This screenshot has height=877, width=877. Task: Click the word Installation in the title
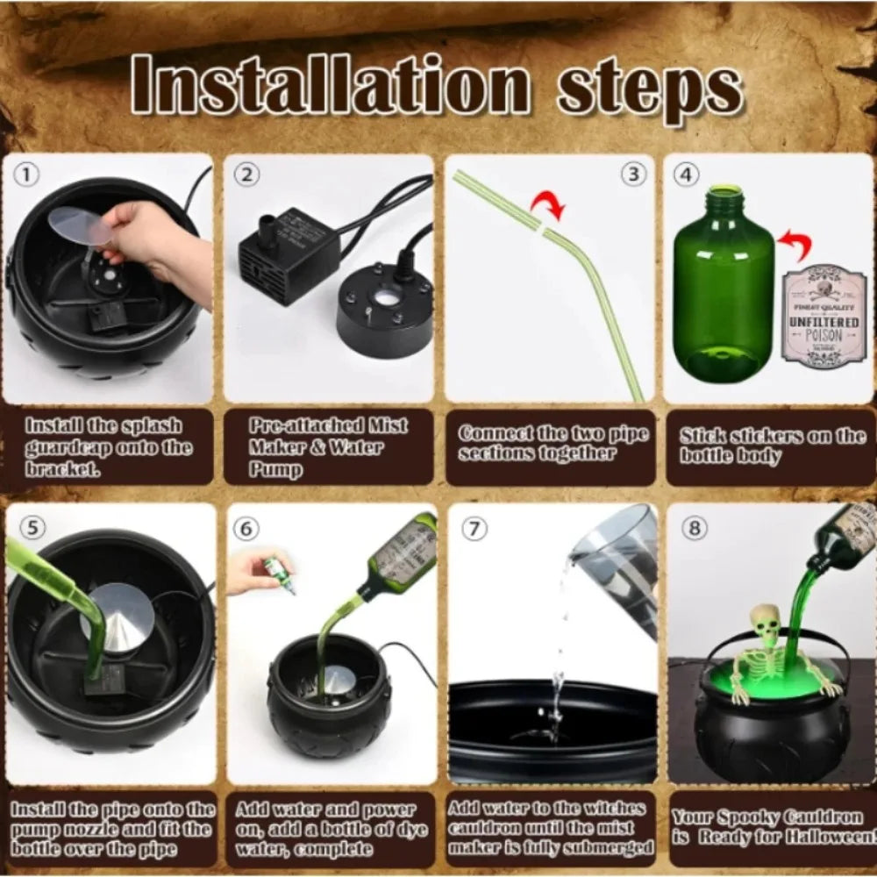(331, 87)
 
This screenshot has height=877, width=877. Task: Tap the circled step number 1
(27, 175)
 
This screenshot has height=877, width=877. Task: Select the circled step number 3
(633, 174)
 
